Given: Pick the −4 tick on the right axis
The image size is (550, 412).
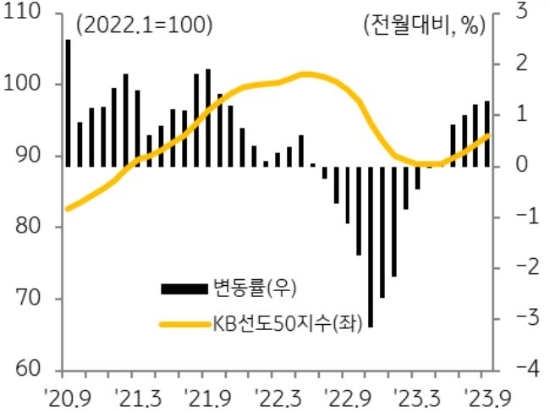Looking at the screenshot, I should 518,370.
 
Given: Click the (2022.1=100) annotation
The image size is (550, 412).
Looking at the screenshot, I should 142,25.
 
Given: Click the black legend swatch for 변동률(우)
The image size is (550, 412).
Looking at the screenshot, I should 183,288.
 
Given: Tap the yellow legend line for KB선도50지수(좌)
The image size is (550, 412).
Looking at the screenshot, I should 183,322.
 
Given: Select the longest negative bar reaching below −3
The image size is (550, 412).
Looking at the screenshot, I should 371,245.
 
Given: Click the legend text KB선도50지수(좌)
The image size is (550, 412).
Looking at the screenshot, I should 283,322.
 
